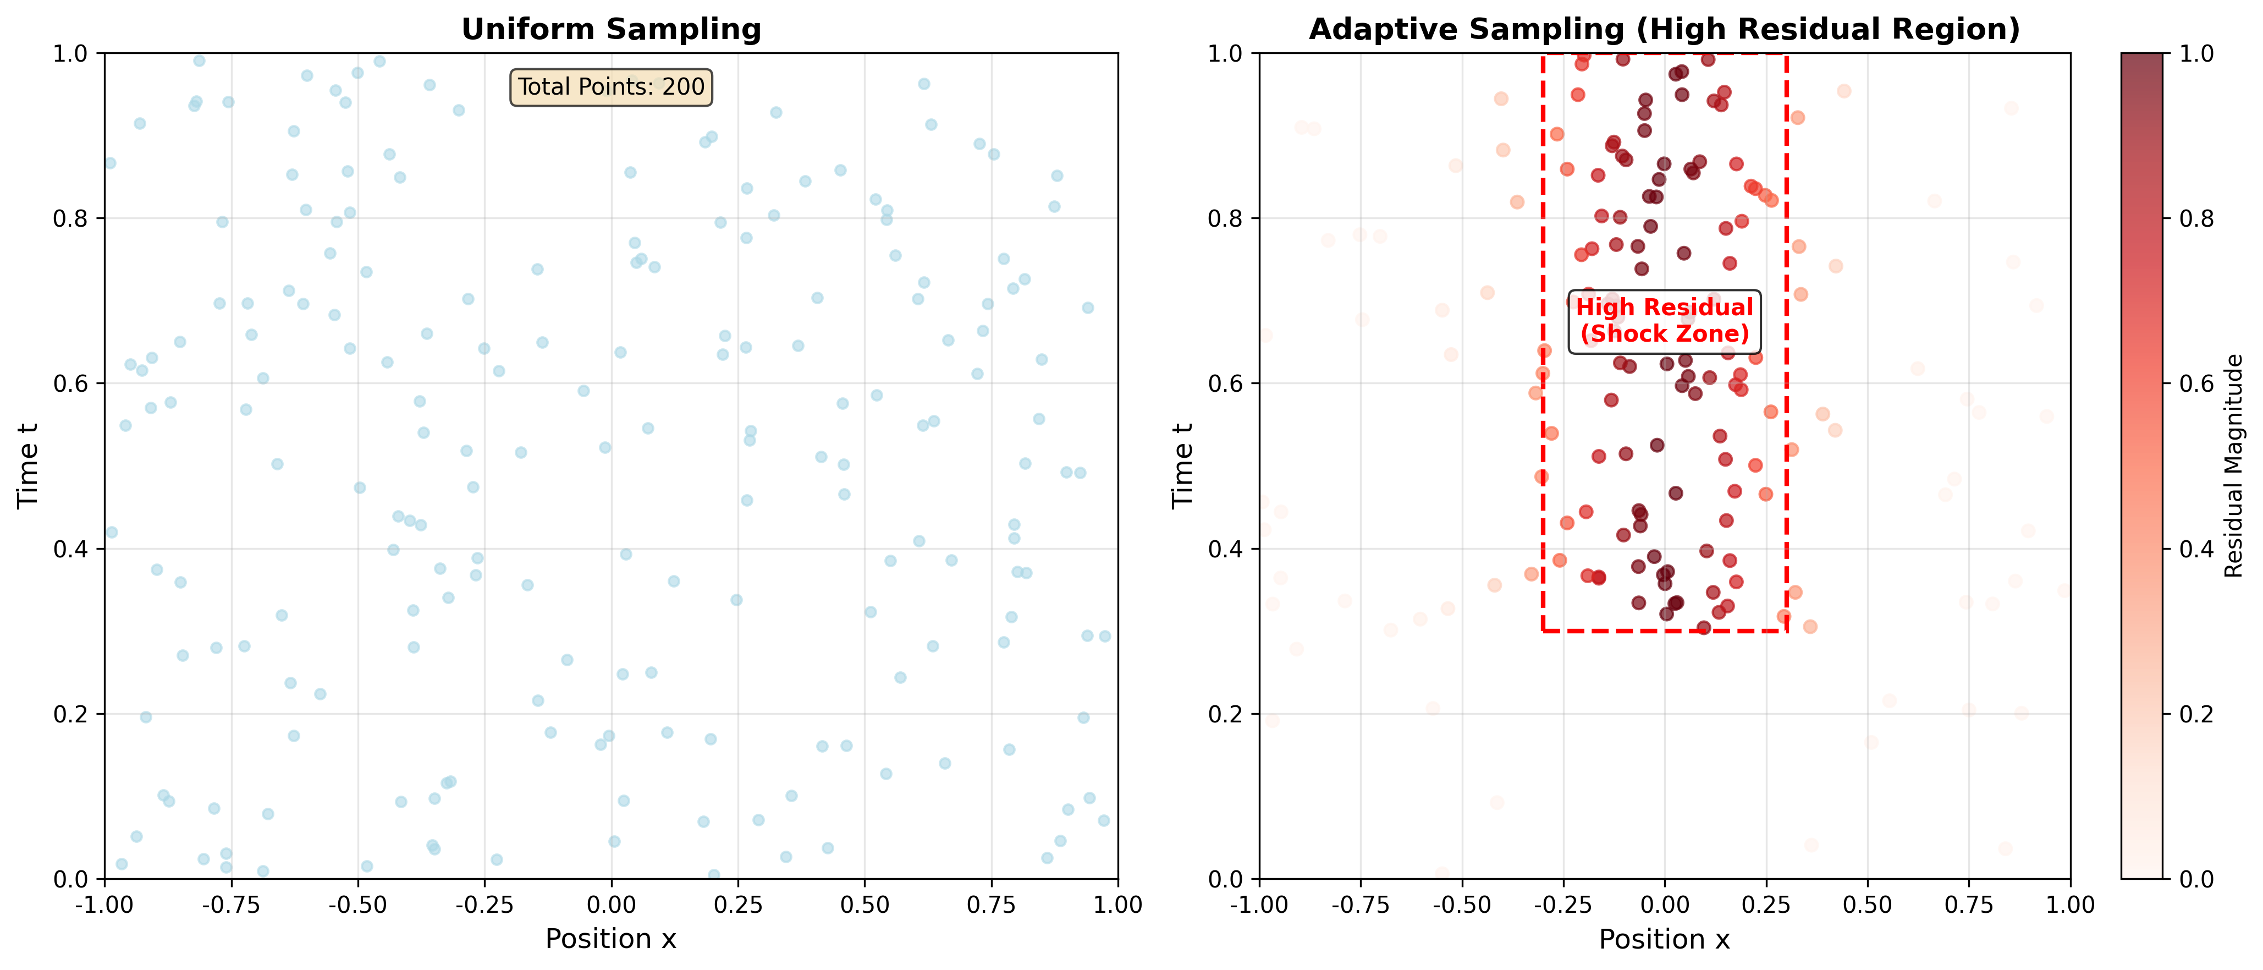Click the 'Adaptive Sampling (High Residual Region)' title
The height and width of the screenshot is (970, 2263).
[x=1664, y=29]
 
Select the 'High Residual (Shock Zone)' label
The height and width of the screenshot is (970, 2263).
[x=1664, y=321]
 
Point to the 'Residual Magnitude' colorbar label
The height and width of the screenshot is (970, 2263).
[x=2234, y=465]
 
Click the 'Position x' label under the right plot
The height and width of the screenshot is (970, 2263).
[x=1664, y=939]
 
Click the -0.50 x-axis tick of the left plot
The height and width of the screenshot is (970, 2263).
[x=357, y=904]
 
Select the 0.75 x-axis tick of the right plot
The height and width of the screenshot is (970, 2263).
[x=1969, y=904]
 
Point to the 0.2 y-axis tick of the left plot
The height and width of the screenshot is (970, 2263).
[x=72, y=714]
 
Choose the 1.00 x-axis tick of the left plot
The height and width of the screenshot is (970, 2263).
[x=1117, y=904]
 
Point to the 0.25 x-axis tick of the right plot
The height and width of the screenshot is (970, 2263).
[x=1766, y=904]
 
